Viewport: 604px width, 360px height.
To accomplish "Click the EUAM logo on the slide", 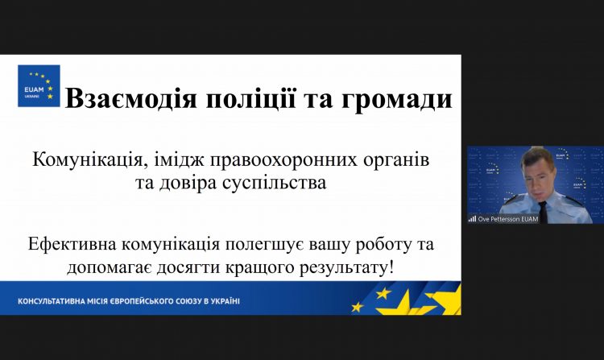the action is pos(39,86).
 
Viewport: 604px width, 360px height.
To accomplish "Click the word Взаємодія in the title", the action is pos(131,98).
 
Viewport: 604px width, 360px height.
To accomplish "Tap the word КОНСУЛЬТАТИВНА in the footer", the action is pos(48,300).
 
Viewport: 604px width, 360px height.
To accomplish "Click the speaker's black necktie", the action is pos(543,212).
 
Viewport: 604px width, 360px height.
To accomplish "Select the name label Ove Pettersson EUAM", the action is pos(507,219).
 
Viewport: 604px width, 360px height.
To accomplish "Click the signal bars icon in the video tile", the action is pos(472,219).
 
